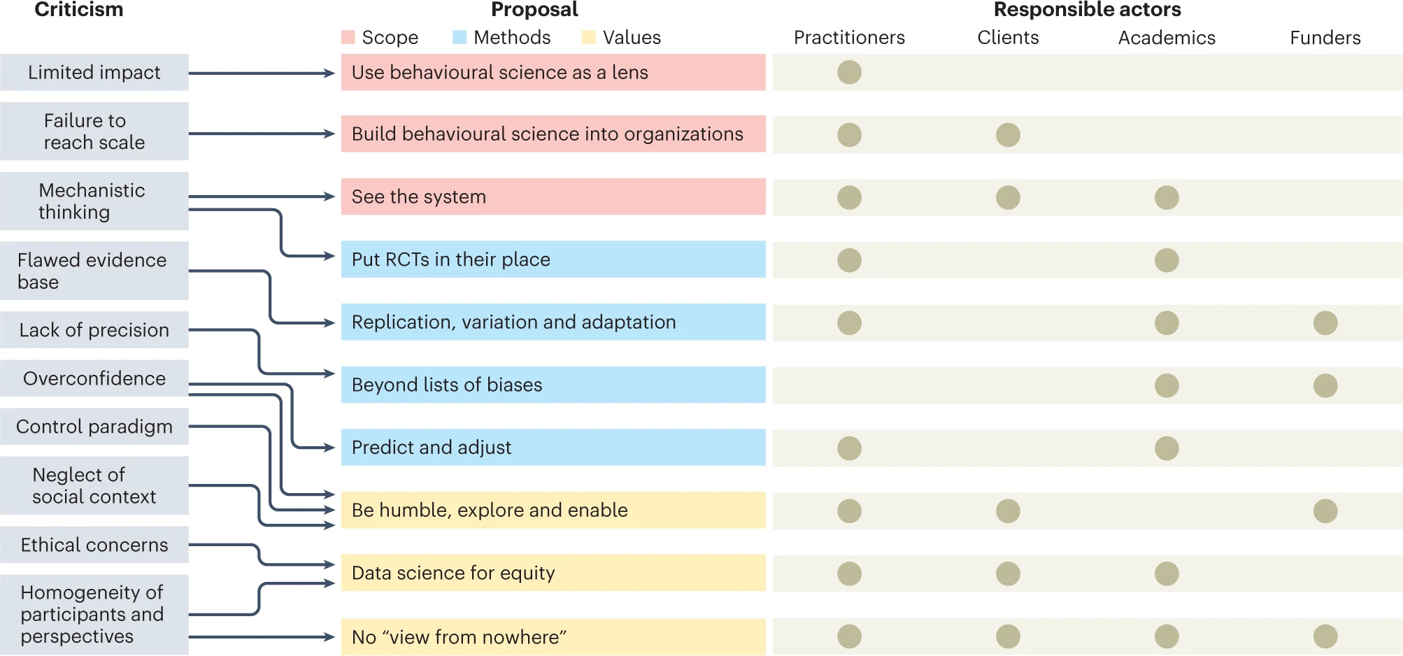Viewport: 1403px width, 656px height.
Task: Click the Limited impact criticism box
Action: click(94, 72)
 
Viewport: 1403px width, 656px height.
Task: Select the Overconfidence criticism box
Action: click(94, 378)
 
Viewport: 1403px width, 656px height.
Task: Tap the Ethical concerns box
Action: click(94, 545)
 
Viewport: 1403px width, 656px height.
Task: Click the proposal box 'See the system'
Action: click(553, 197)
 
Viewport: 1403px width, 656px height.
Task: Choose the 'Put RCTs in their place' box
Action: click(553, 259)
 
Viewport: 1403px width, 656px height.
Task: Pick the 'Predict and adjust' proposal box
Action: click(553, 448)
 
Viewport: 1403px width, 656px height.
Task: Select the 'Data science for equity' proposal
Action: click(553, 573)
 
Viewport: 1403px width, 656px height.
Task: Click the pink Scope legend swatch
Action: click(348, 38)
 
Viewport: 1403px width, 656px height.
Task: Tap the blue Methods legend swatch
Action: click(460, 38)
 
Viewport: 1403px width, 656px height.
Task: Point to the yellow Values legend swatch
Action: click(589, 38)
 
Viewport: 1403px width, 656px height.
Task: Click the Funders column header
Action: click(1325, 38)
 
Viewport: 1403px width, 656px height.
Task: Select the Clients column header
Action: click(1008, 38)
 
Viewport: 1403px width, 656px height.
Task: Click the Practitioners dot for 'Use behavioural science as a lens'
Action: click(849, 72)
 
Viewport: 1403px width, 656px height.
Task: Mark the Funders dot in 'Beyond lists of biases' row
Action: click(1325, 385)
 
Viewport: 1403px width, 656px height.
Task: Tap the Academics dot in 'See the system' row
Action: click(1167, 197)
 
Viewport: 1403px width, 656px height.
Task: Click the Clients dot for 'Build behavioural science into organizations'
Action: click(1008, 134)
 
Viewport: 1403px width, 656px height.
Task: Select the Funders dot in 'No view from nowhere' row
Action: click(1325, 636)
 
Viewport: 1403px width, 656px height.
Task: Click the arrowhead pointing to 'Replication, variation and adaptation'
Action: click(330, 323)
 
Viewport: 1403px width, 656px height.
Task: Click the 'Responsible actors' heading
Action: click(1087, 10)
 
